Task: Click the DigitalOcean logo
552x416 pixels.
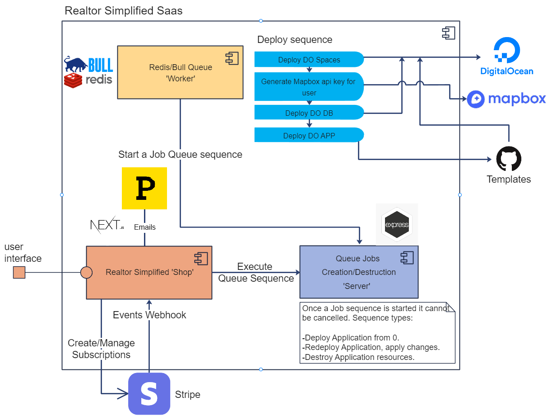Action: (506, 56)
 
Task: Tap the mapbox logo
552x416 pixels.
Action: (506, 99)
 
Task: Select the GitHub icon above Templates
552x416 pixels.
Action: (509, 159)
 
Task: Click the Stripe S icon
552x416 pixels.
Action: (149, 394)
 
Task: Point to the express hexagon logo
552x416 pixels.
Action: (397, 224)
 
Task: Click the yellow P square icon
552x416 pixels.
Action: (144, 188)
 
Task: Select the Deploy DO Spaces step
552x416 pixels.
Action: (309, 60)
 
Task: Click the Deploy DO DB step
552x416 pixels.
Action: (309, 113)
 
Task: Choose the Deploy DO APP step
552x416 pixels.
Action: (309, 136)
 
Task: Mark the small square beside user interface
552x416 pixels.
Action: (19, 273)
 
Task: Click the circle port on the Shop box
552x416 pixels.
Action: (86, 273)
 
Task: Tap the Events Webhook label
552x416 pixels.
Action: (149, 315)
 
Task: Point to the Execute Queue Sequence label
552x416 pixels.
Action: (256, 273)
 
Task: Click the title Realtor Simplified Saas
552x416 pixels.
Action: (124, 11)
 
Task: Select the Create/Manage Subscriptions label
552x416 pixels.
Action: (101, 349)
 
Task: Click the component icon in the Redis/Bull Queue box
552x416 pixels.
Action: (232, 58)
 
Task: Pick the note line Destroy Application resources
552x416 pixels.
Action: (359, 357)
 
